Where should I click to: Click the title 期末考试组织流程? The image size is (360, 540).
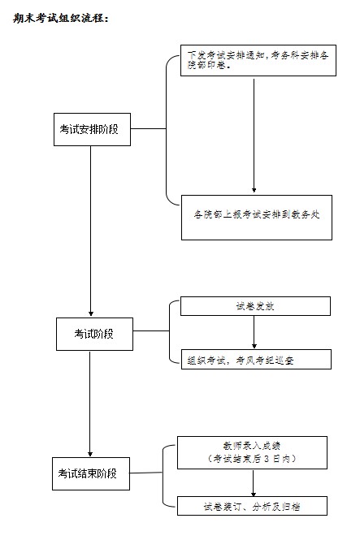(61, 18)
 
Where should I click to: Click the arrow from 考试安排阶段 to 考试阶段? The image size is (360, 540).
(91, 231)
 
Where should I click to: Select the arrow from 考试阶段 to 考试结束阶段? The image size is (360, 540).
(90, 404)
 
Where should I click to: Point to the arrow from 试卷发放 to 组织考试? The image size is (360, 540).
(254, 332)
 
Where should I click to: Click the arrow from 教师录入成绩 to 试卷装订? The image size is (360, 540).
(254, 483)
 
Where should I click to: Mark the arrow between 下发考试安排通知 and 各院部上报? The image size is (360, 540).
(254, 136)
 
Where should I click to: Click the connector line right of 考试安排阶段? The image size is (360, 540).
(148, 129)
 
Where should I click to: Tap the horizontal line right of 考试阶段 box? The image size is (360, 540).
(151, 331)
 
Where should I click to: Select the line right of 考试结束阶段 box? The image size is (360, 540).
(146, 473)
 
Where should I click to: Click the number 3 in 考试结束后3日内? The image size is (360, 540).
(267, 459)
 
